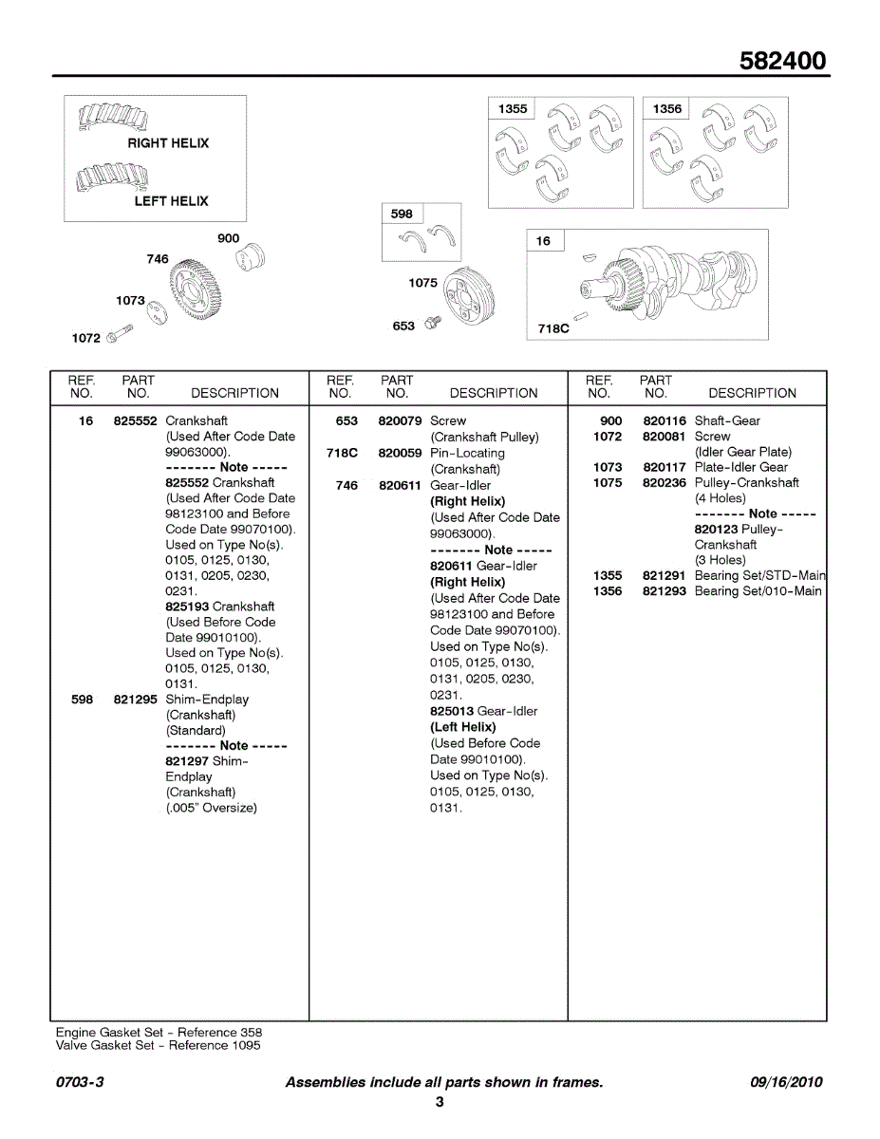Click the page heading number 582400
783,62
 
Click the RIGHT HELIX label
168,143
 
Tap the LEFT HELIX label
171,201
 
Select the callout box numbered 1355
513,109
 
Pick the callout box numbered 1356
667,109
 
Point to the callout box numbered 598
403,215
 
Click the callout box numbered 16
543,241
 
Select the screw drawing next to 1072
120,334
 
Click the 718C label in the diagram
553,328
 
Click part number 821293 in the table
664,591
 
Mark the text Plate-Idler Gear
740,467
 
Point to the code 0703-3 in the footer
80,1082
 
